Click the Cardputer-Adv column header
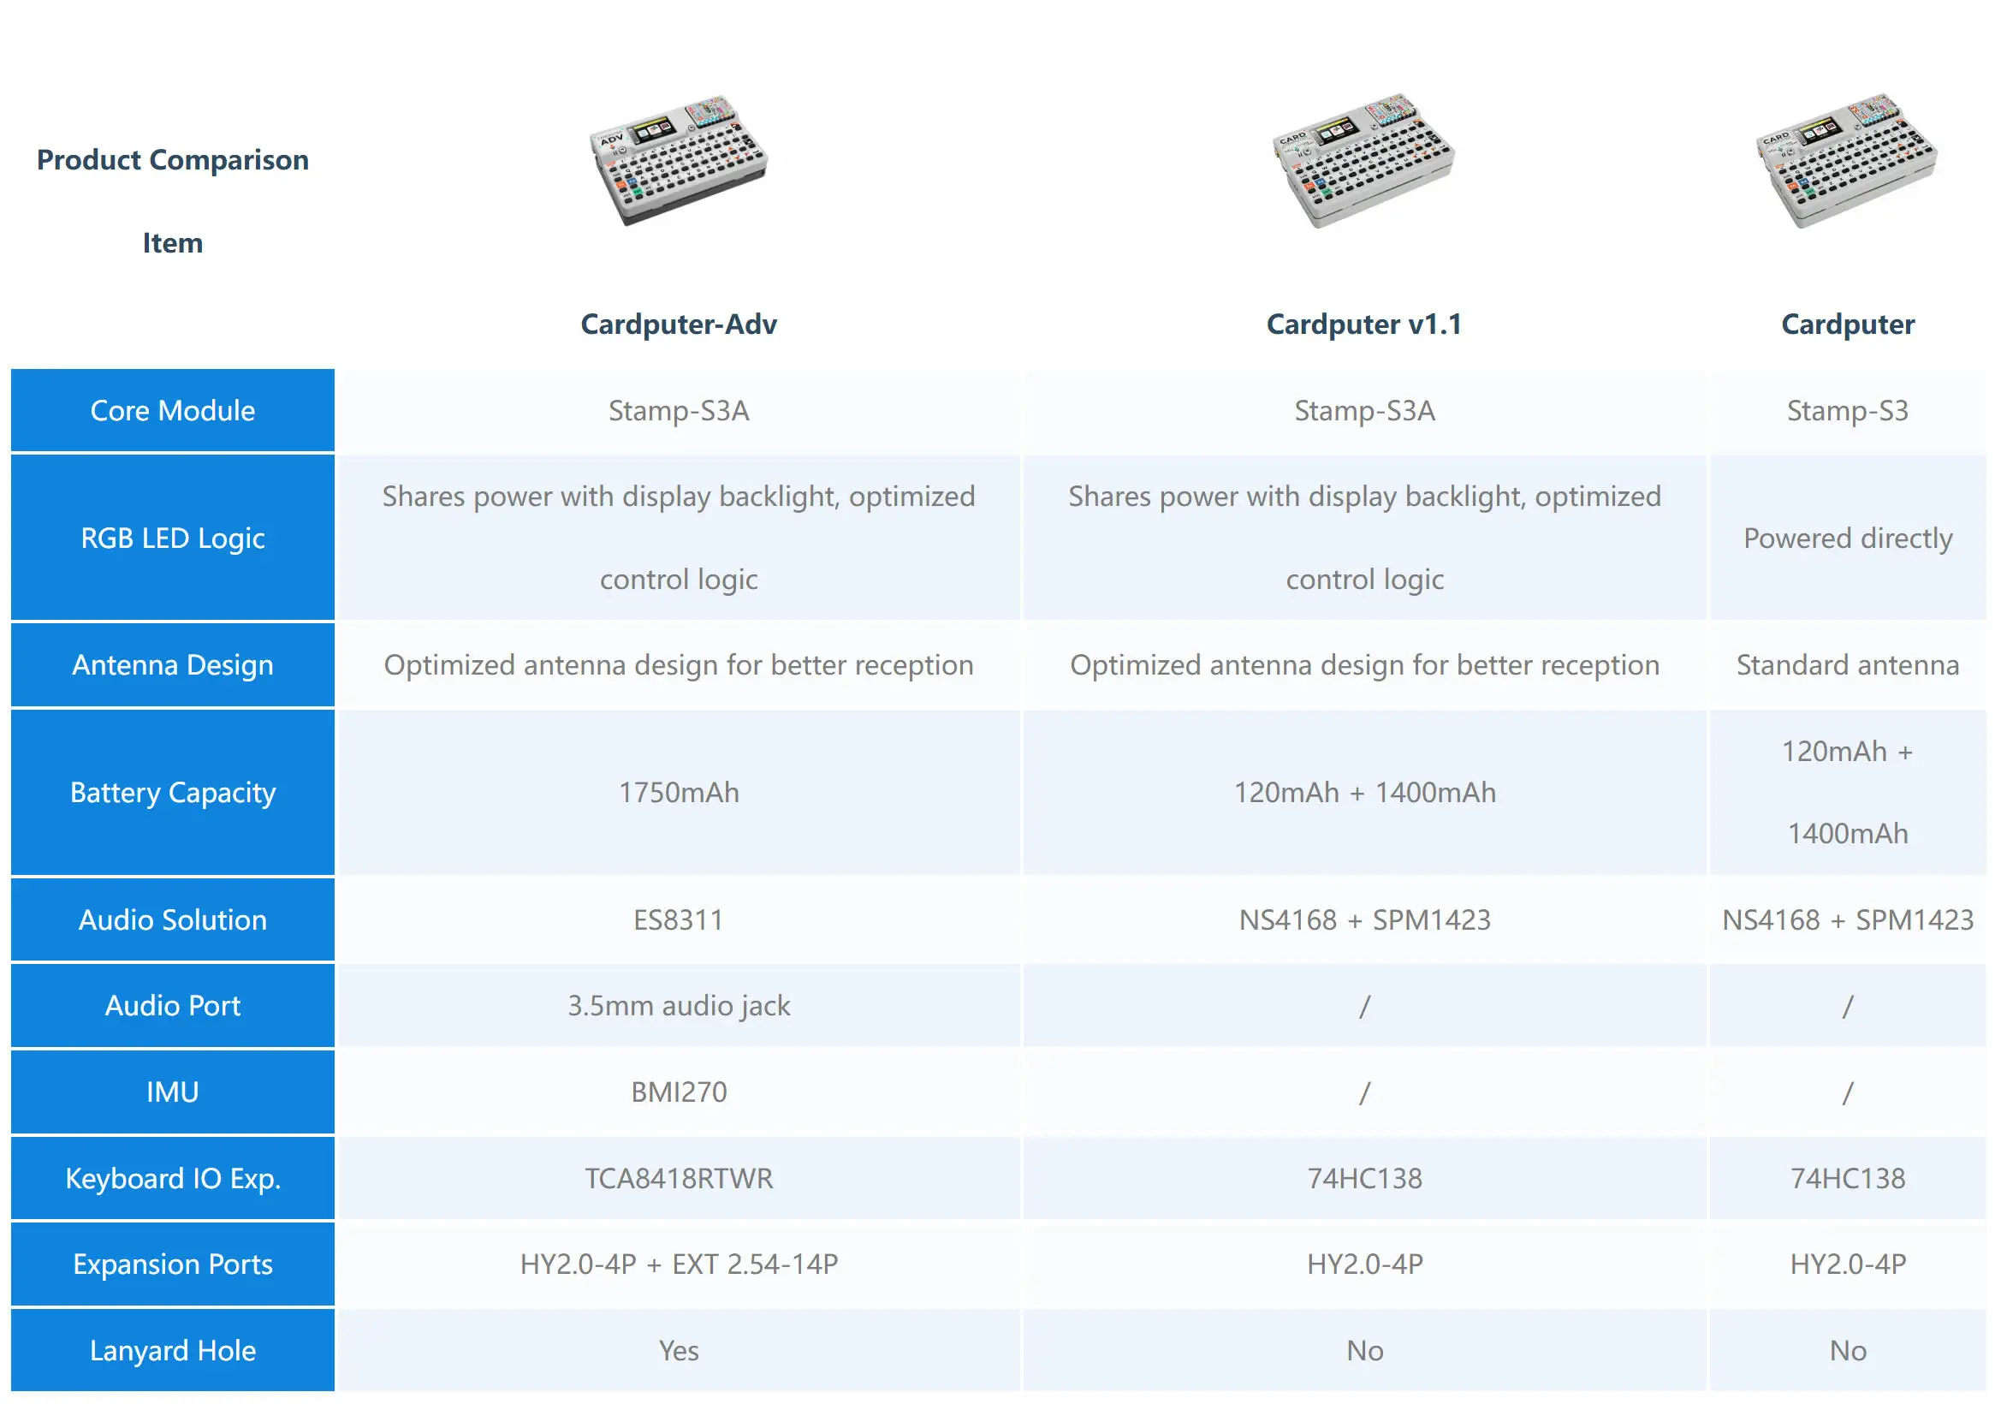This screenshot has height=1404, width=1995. (x=679, y=324)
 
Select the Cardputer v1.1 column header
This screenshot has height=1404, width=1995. (x=1364, y=324)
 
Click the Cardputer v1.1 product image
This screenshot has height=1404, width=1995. (x=1363, y=161)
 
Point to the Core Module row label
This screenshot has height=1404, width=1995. (x=173, y=410)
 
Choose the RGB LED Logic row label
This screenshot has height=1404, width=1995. (x=173, y=538)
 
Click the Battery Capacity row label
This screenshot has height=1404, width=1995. (x=173, y=792)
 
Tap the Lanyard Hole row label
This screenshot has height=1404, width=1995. (x=173, y=1350)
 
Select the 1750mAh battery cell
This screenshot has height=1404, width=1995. (x=679, y=792)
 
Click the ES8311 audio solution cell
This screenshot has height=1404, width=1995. (x=679, y=919)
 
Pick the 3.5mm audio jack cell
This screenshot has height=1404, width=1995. (x=679, y=1006)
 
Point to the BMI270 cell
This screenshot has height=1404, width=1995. (x=679, y=1092)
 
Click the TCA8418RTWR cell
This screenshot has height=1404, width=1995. (x=679, y=1178)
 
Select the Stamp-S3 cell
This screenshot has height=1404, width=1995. (x=1847, y=410)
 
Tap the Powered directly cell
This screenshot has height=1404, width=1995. (x=1847, y=538)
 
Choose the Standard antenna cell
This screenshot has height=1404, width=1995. (x=1847, y=665)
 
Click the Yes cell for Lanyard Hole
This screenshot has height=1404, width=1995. (x=679, y=1350)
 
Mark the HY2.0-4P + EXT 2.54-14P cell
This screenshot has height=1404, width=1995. (x=679, y=1264)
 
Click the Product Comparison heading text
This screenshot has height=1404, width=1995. (x=173, y=160)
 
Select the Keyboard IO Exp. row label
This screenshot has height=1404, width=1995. (x=173, y=1178)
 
